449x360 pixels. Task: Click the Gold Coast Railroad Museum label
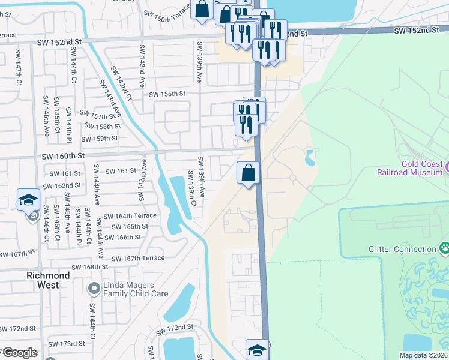point(409,168)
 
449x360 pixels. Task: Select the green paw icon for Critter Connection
point(444,248)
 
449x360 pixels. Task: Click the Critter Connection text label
point(402,249)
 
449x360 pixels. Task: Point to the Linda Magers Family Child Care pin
point(93,289)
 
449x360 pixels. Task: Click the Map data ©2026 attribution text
point(423,355)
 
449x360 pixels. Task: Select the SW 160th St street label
point(62,156)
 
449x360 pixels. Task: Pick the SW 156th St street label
point(167,94)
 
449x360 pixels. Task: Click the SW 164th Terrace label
point(130,216)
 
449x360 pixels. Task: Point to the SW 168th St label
point(89,267)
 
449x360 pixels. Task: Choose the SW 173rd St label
point(67,344)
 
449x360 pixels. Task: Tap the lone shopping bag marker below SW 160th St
point(249,173)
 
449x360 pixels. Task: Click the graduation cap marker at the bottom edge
point(257,350)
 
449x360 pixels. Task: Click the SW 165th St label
point(130,227)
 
